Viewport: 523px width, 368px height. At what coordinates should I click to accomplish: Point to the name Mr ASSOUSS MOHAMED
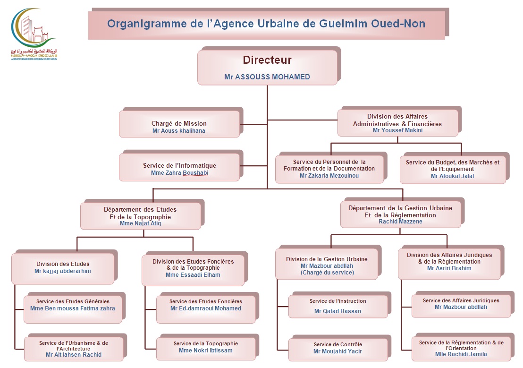[267, 77]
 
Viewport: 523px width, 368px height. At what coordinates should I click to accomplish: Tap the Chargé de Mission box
[179, 124]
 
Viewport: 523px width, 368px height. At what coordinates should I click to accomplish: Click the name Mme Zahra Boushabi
[179, 173]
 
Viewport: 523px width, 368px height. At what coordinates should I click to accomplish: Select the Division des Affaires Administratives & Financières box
[397, 123]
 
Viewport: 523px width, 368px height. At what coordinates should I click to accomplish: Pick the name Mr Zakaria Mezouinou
[329, 176]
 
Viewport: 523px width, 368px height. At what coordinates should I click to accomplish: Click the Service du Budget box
[452, 168]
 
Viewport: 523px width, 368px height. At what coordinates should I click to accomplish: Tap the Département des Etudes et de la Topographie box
[140, 215]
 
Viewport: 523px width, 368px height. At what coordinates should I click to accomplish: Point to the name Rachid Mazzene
[400, 222]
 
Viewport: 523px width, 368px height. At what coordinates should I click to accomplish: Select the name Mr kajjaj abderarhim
[63, 271]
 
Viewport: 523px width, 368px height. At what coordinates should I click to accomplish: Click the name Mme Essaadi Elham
[193, 275]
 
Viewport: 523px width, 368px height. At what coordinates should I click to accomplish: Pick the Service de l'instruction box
[338, 306]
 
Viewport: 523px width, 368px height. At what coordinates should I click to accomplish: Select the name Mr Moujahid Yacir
[337, 351]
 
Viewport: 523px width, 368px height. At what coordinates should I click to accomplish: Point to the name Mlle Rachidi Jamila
[461, 354]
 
